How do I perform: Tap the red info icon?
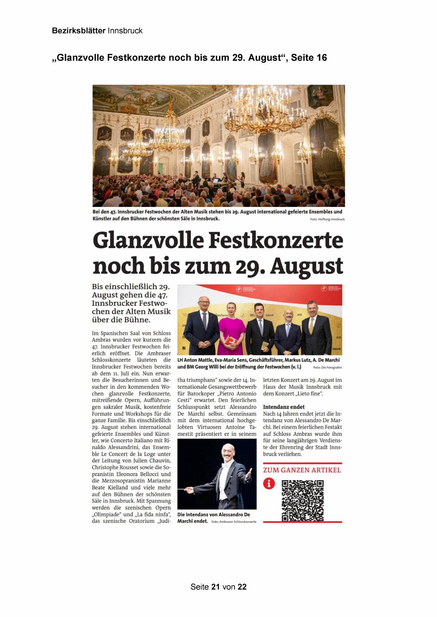point(269,484)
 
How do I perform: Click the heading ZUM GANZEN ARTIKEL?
point(302,470)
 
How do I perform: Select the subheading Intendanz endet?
point(283,407)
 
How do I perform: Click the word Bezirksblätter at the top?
point(79,31)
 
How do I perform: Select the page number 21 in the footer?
point(216,587)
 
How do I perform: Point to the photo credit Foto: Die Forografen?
point(327,367)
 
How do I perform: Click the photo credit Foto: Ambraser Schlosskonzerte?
point(234,522)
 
